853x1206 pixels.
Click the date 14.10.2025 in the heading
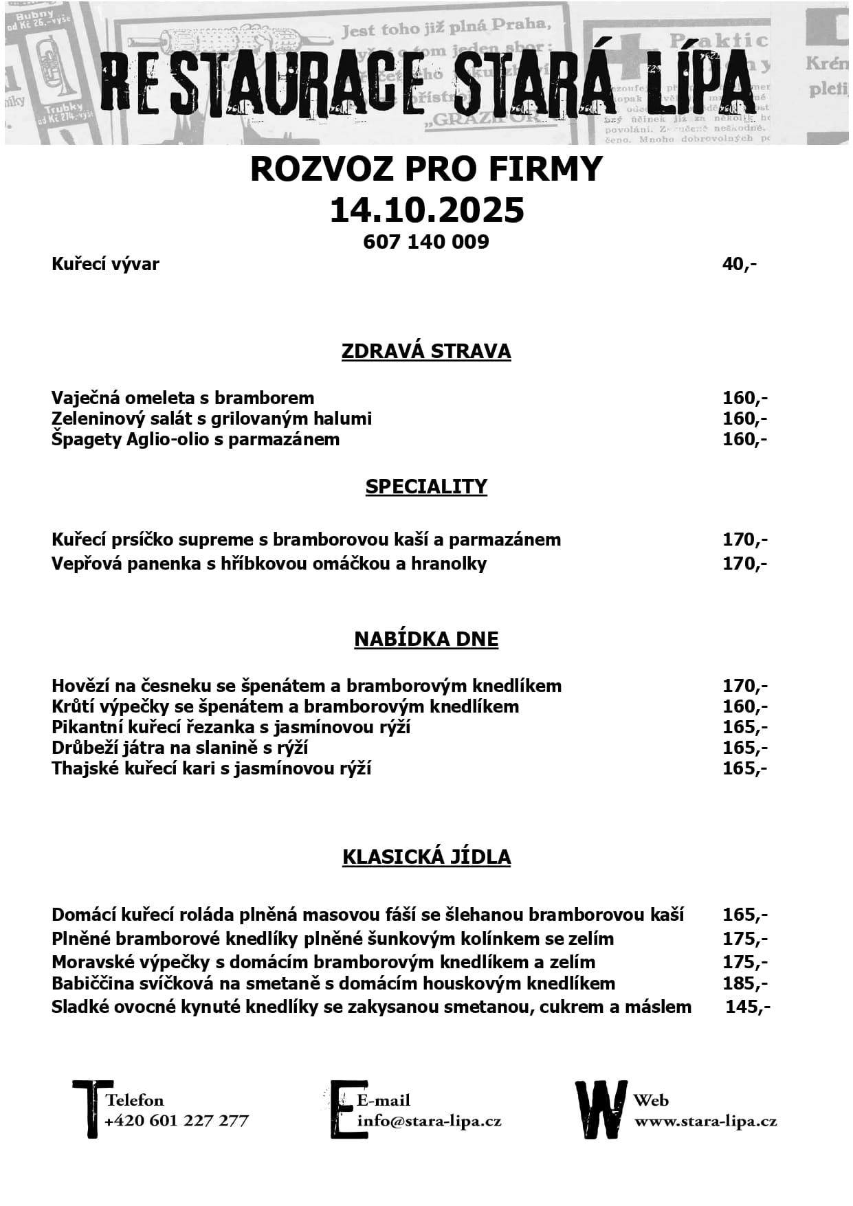pos(426,210)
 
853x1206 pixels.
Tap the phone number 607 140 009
pos(426,242)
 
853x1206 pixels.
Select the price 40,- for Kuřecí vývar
pos(739,264)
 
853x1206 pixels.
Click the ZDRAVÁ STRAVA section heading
pos(426,351)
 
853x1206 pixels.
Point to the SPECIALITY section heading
pos(426,487)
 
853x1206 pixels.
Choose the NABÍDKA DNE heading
pos(426,639)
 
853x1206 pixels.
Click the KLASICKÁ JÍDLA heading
pos(426,857)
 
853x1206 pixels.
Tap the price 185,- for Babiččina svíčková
pos(745,983)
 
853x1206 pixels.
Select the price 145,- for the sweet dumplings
pos(748,1007)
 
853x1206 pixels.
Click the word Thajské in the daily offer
pos(86,768)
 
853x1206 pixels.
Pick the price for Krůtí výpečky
pos(745,706)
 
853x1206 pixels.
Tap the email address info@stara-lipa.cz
pos(430,1121)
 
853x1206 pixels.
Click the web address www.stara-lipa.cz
pos(705,1121)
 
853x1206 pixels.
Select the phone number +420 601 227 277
pos(177,1121)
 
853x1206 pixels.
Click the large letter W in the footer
pos(601,1110)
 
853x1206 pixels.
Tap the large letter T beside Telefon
pos(91,1108)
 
